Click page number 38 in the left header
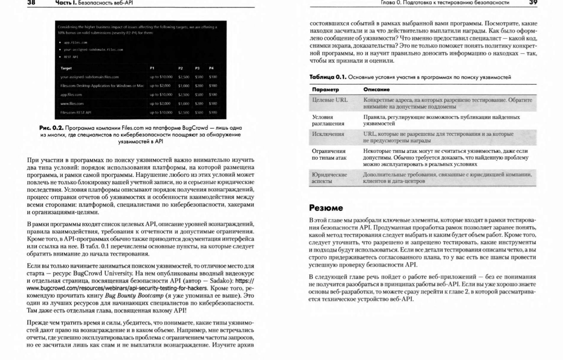click(x=31, y=3)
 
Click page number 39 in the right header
click(x=533, y=3)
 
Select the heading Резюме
click(x=326, y=208)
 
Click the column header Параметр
click(x=325, y=90)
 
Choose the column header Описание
click(x=377, y=90)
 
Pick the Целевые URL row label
click(x=330, y=100)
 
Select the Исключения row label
click(x=328, y=134)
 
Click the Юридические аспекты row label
click(x=329, y=178)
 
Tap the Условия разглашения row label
click(x=328, y=120)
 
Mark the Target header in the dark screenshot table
click(x=66, y=68)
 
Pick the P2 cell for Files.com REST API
click(x=184, y=113)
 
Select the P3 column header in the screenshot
click(x=198, y=68)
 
